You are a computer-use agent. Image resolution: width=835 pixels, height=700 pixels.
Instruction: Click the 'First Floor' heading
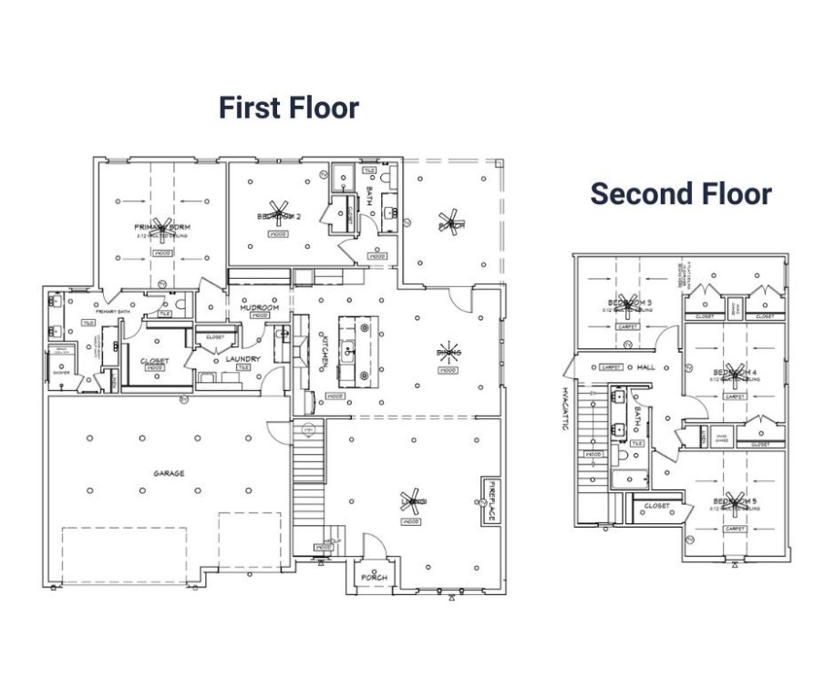pos(288,108)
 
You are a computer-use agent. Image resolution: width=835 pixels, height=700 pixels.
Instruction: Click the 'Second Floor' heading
pos(680,193)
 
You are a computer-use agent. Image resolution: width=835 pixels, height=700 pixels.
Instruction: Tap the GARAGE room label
pos(169,473)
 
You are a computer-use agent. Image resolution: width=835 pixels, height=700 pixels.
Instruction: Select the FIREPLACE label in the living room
pos(490,501)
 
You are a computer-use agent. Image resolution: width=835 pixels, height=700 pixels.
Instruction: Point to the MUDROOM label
pos(259,308)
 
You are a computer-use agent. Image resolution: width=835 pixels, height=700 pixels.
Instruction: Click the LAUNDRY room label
pos(242,359)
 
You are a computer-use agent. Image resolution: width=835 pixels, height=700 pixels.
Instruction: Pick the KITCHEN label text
pos(324,350)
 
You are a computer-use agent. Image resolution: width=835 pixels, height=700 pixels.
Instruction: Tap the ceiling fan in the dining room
pos(448,351)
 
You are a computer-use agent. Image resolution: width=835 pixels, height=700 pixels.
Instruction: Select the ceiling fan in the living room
pos(409,501)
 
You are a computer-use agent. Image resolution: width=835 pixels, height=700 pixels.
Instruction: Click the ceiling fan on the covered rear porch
pos(448,222)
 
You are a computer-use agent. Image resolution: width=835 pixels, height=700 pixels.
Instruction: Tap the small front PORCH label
pos(374,579)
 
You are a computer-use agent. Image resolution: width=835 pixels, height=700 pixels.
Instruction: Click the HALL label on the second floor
pos(646,367)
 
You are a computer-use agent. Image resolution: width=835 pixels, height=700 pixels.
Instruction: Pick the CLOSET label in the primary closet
pos(154,360)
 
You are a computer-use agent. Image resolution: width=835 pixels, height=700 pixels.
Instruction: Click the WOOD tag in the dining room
pos(448,371)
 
